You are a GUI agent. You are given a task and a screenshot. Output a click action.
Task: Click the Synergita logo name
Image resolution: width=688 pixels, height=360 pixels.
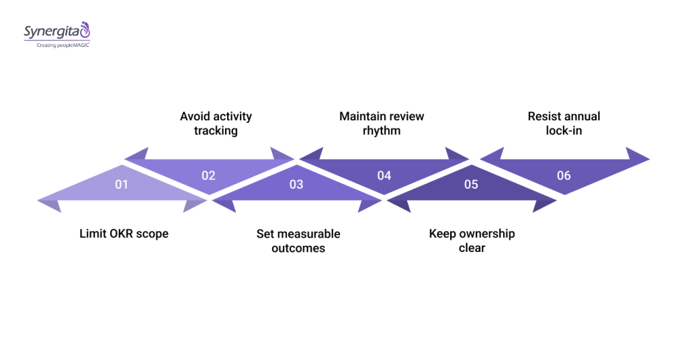(51, 32)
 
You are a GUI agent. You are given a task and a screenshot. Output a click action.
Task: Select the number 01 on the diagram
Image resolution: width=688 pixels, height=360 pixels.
(121, 184)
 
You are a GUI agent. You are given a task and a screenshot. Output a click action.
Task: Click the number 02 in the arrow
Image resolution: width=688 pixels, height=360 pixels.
(208, 175)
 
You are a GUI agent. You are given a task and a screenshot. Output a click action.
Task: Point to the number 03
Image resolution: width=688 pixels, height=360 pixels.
(296, 184)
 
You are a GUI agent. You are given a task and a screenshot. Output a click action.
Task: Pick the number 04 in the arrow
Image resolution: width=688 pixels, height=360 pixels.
(384, 175)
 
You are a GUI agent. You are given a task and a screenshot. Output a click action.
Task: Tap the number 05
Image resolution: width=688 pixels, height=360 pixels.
(471, 184)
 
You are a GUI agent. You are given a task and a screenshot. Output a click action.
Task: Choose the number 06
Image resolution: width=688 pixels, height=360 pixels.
(564, 175)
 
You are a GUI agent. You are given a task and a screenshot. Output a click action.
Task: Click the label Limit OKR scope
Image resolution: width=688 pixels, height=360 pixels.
(124, 234)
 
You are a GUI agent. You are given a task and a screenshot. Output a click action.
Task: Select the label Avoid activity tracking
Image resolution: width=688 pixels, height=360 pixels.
(216, 124)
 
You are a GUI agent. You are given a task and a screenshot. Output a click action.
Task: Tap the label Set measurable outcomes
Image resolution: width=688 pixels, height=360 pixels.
(298, 241)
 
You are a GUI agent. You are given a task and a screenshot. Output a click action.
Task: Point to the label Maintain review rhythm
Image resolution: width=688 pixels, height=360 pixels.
(382, 124)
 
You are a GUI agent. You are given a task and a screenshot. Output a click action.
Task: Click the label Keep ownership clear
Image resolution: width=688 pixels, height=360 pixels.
(472, 241)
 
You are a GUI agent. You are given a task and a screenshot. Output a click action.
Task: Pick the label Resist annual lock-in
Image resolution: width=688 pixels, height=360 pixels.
(564, 124)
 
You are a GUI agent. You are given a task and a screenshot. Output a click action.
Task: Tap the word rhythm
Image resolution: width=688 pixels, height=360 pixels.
(382, 131)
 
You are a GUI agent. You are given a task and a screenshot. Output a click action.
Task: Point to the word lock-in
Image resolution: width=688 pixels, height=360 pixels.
(564, 131)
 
